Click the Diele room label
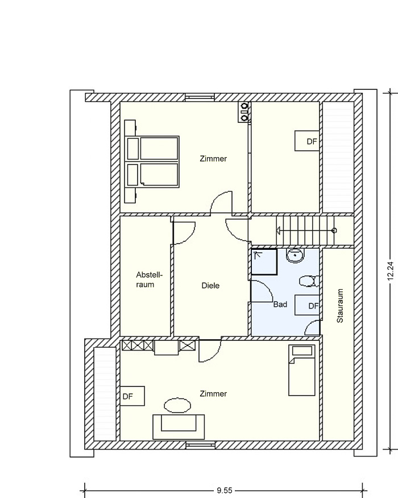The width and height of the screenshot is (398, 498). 210,286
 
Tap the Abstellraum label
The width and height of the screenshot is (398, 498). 149,279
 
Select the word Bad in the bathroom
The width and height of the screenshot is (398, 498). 280,304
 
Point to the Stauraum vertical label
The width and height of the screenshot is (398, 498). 340,306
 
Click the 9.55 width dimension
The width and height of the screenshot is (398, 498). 225,491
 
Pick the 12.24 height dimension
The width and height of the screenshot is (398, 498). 391,270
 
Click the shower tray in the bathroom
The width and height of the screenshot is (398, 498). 264,262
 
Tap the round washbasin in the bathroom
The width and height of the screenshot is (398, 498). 296,256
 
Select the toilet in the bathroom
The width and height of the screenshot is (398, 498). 309,281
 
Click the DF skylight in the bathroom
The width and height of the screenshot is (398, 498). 307,305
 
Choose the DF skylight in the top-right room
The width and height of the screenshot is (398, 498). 307,141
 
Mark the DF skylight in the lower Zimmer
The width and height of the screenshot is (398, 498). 132,396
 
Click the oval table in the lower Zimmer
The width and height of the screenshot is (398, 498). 177,405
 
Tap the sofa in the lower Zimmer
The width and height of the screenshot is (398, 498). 179,426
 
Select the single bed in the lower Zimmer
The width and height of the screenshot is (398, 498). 302,371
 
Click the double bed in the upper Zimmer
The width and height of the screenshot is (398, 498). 152,161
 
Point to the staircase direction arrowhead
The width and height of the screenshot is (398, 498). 279,231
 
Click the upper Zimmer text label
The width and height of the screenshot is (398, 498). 213,158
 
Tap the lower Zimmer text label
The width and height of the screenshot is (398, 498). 213,394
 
